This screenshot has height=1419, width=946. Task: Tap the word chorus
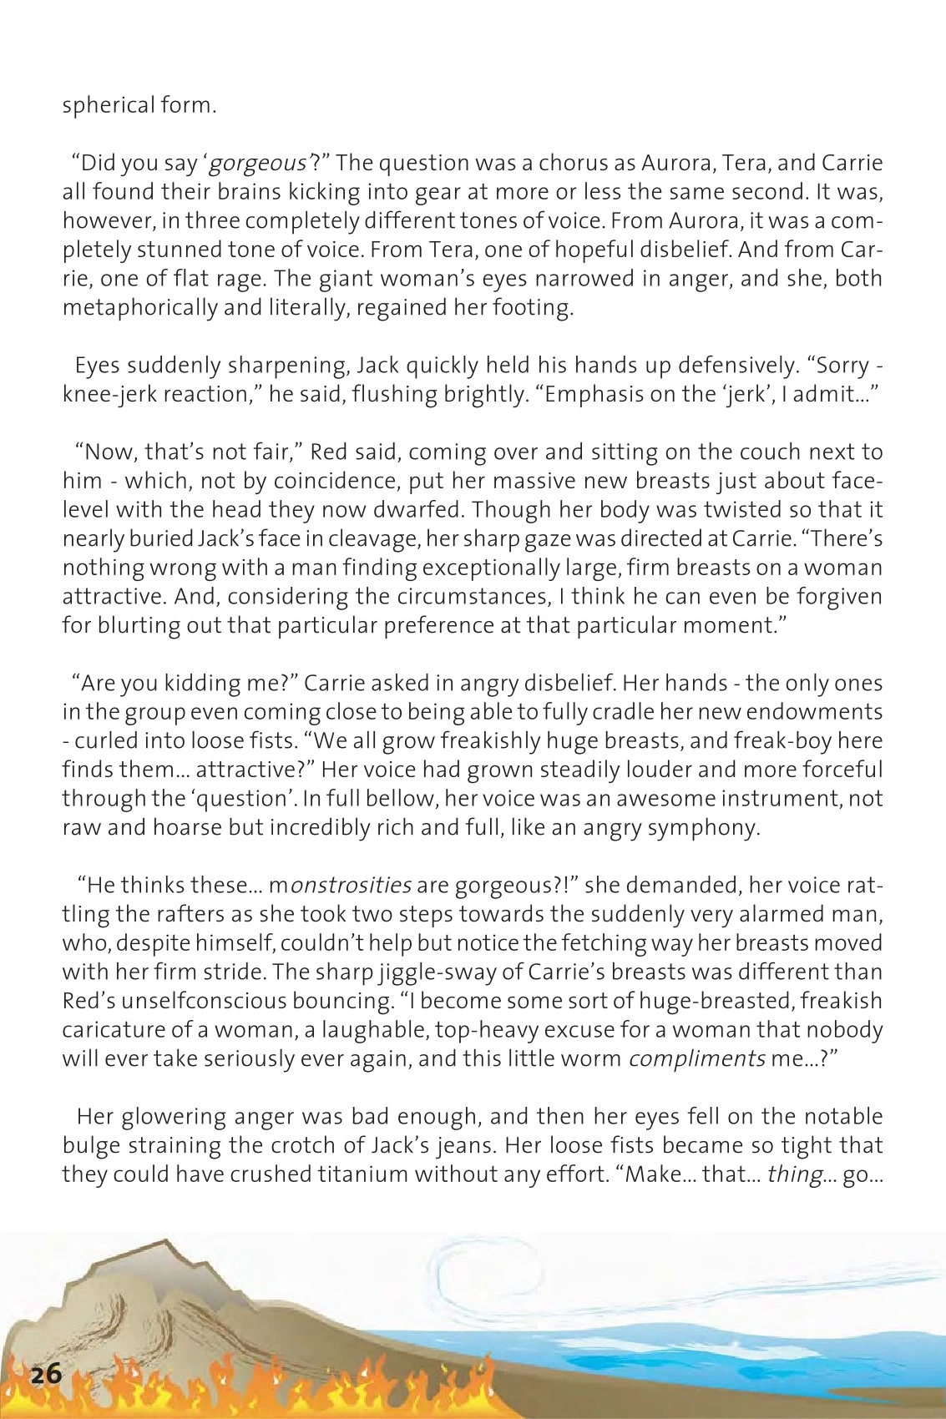click(570, 161)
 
